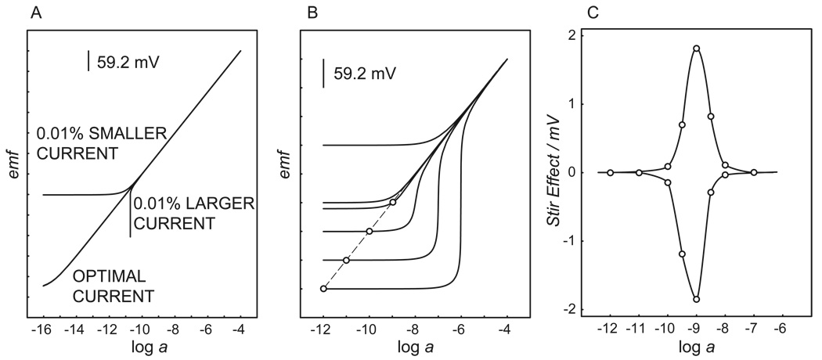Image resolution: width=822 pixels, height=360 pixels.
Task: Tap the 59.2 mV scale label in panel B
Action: coord(364,74)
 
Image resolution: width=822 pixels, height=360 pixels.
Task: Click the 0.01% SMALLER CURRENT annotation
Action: coord(101,143)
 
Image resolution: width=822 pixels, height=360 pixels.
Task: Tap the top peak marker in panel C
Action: coord(696,49)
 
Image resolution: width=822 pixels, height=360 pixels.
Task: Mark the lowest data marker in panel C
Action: coord(696,299)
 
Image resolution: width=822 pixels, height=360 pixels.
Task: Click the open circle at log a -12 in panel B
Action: coord(323,289)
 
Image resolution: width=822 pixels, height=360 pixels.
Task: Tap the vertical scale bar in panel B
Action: coord(324,74)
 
